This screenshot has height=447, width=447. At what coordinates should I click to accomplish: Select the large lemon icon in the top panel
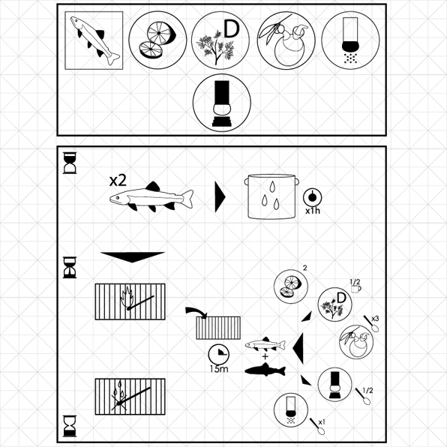[157, 40]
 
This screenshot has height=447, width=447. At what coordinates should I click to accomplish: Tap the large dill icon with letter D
[220, 40]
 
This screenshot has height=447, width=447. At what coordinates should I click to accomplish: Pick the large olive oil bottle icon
[286, 40]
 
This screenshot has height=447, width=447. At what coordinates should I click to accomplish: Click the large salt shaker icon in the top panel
[351, 40]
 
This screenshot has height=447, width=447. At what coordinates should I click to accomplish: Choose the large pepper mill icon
[222, 103]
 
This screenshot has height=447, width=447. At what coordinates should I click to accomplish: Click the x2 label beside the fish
[118, 181]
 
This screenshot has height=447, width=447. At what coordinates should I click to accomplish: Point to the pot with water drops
[271, 196]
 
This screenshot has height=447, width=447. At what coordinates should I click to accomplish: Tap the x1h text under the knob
[313, 211]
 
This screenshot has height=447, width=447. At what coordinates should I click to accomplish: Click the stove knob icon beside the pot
[313, 197]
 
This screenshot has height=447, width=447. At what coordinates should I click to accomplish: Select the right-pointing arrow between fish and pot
[220, 197]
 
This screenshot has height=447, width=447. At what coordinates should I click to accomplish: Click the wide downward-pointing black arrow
[132, 256]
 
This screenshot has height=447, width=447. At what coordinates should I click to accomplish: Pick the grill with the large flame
[130, 301]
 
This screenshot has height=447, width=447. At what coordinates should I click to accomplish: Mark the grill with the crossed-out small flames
[130, 397]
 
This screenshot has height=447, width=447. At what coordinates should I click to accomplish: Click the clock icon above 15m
[219, 354]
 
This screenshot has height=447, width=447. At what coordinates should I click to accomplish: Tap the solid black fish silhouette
[265, 370]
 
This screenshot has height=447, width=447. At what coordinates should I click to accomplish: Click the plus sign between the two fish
[265, 356]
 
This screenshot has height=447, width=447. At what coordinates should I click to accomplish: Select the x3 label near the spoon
[375, 319]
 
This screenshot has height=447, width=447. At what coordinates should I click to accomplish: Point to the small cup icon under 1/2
[356, 289]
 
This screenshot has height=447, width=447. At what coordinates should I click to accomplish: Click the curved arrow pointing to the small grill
[196, 311]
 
